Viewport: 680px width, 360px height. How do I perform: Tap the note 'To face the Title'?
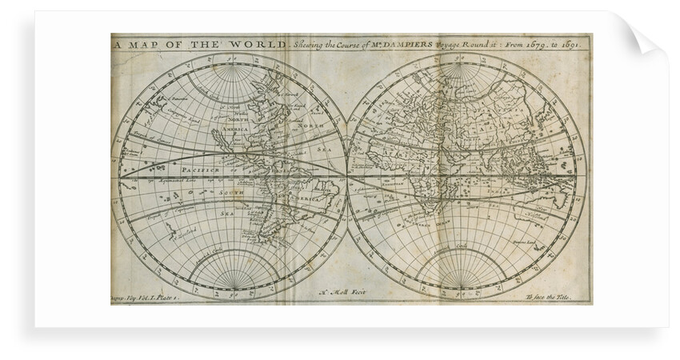[x=557, y=295]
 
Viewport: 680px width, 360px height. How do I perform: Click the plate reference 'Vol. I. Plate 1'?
[x=148, y=295]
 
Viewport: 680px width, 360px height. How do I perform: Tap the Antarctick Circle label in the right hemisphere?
[x=461, y=246]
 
